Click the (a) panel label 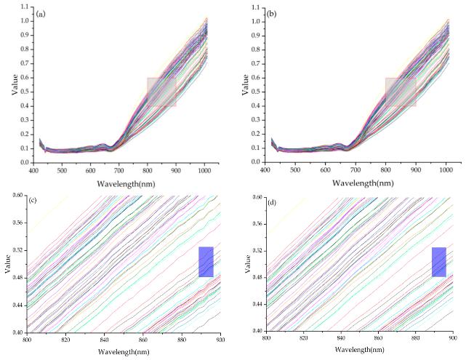coord(44,13)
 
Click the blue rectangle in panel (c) coord(206,262)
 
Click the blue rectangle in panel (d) coord(438,262)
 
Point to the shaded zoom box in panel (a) coord(161,92)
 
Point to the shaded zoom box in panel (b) coord(400,92)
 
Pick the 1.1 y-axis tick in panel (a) coord(25,7)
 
